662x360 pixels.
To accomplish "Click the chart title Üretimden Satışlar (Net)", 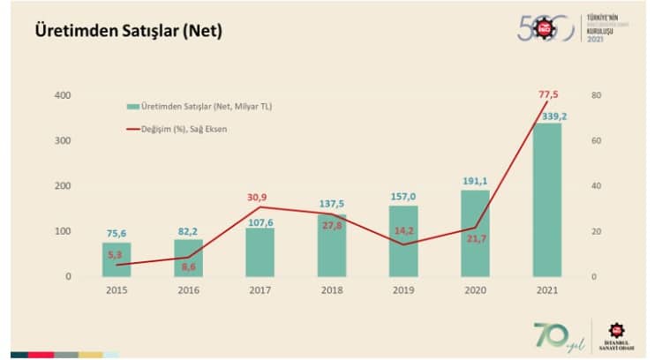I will (x=127, y=31).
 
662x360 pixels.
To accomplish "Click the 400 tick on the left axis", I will (x=62, y=95).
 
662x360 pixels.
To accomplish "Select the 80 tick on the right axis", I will (x=597, y=95).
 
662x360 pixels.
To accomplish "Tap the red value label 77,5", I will (x=549, y=94).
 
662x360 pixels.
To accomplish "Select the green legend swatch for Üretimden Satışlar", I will (x=132, y=107).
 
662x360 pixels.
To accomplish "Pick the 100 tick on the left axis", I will (x=62, y=231).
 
